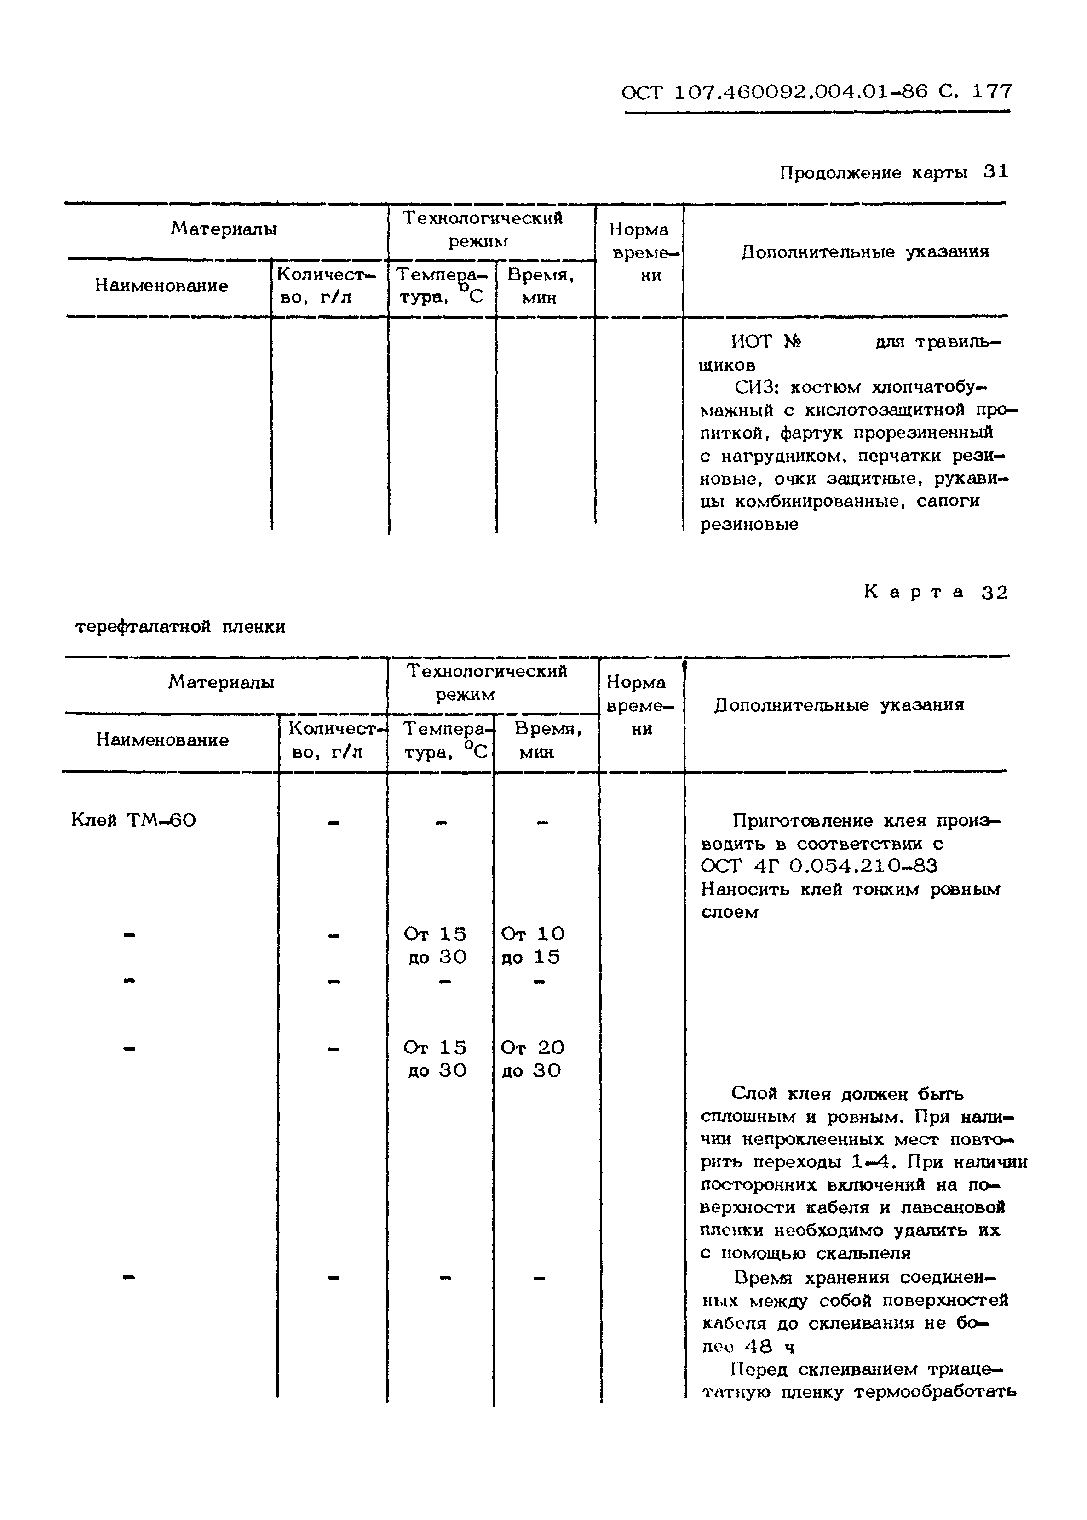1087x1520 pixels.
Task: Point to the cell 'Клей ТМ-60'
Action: coord(133,820)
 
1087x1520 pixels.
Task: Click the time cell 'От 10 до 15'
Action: coord(532,945)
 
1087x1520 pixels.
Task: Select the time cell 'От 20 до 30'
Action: coord(532,1059)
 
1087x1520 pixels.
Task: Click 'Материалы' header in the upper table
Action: coord(224,229)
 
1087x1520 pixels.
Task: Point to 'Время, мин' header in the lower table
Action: coord(546,740)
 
